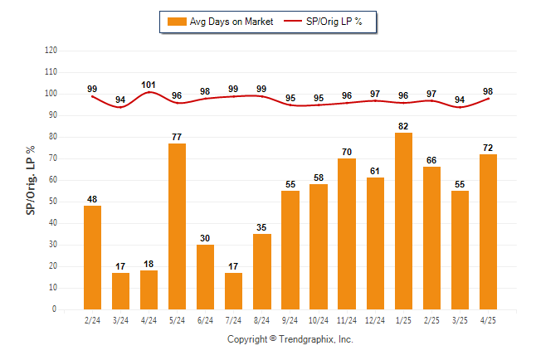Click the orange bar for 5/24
click(177, 226)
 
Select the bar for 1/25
click(403, 221)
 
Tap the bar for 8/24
click(262, 271)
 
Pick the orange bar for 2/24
click(92, 257)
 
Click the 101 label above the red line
click(149, 85)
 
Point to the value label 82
click(403, 126)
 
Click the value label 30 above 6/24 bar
click(205, 238)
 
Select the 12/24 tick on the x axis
click(375, 320)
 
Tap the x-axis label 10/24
click(319, 320)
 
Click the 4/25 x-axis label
click(488, 320)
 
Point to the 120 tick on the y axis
click(51, 51)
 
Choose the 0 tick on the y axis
click(55, 309)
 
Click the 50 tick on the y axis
click(53, 202)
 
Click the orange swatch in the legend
click(177, 22)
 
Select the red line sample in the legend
click(293, 22)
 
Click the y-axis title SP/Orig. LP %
click(31, 180)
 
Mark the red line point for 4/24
click(149, 92)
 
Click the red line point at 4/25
click(488, 99)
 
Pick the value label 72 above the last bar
click(488, 148)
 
